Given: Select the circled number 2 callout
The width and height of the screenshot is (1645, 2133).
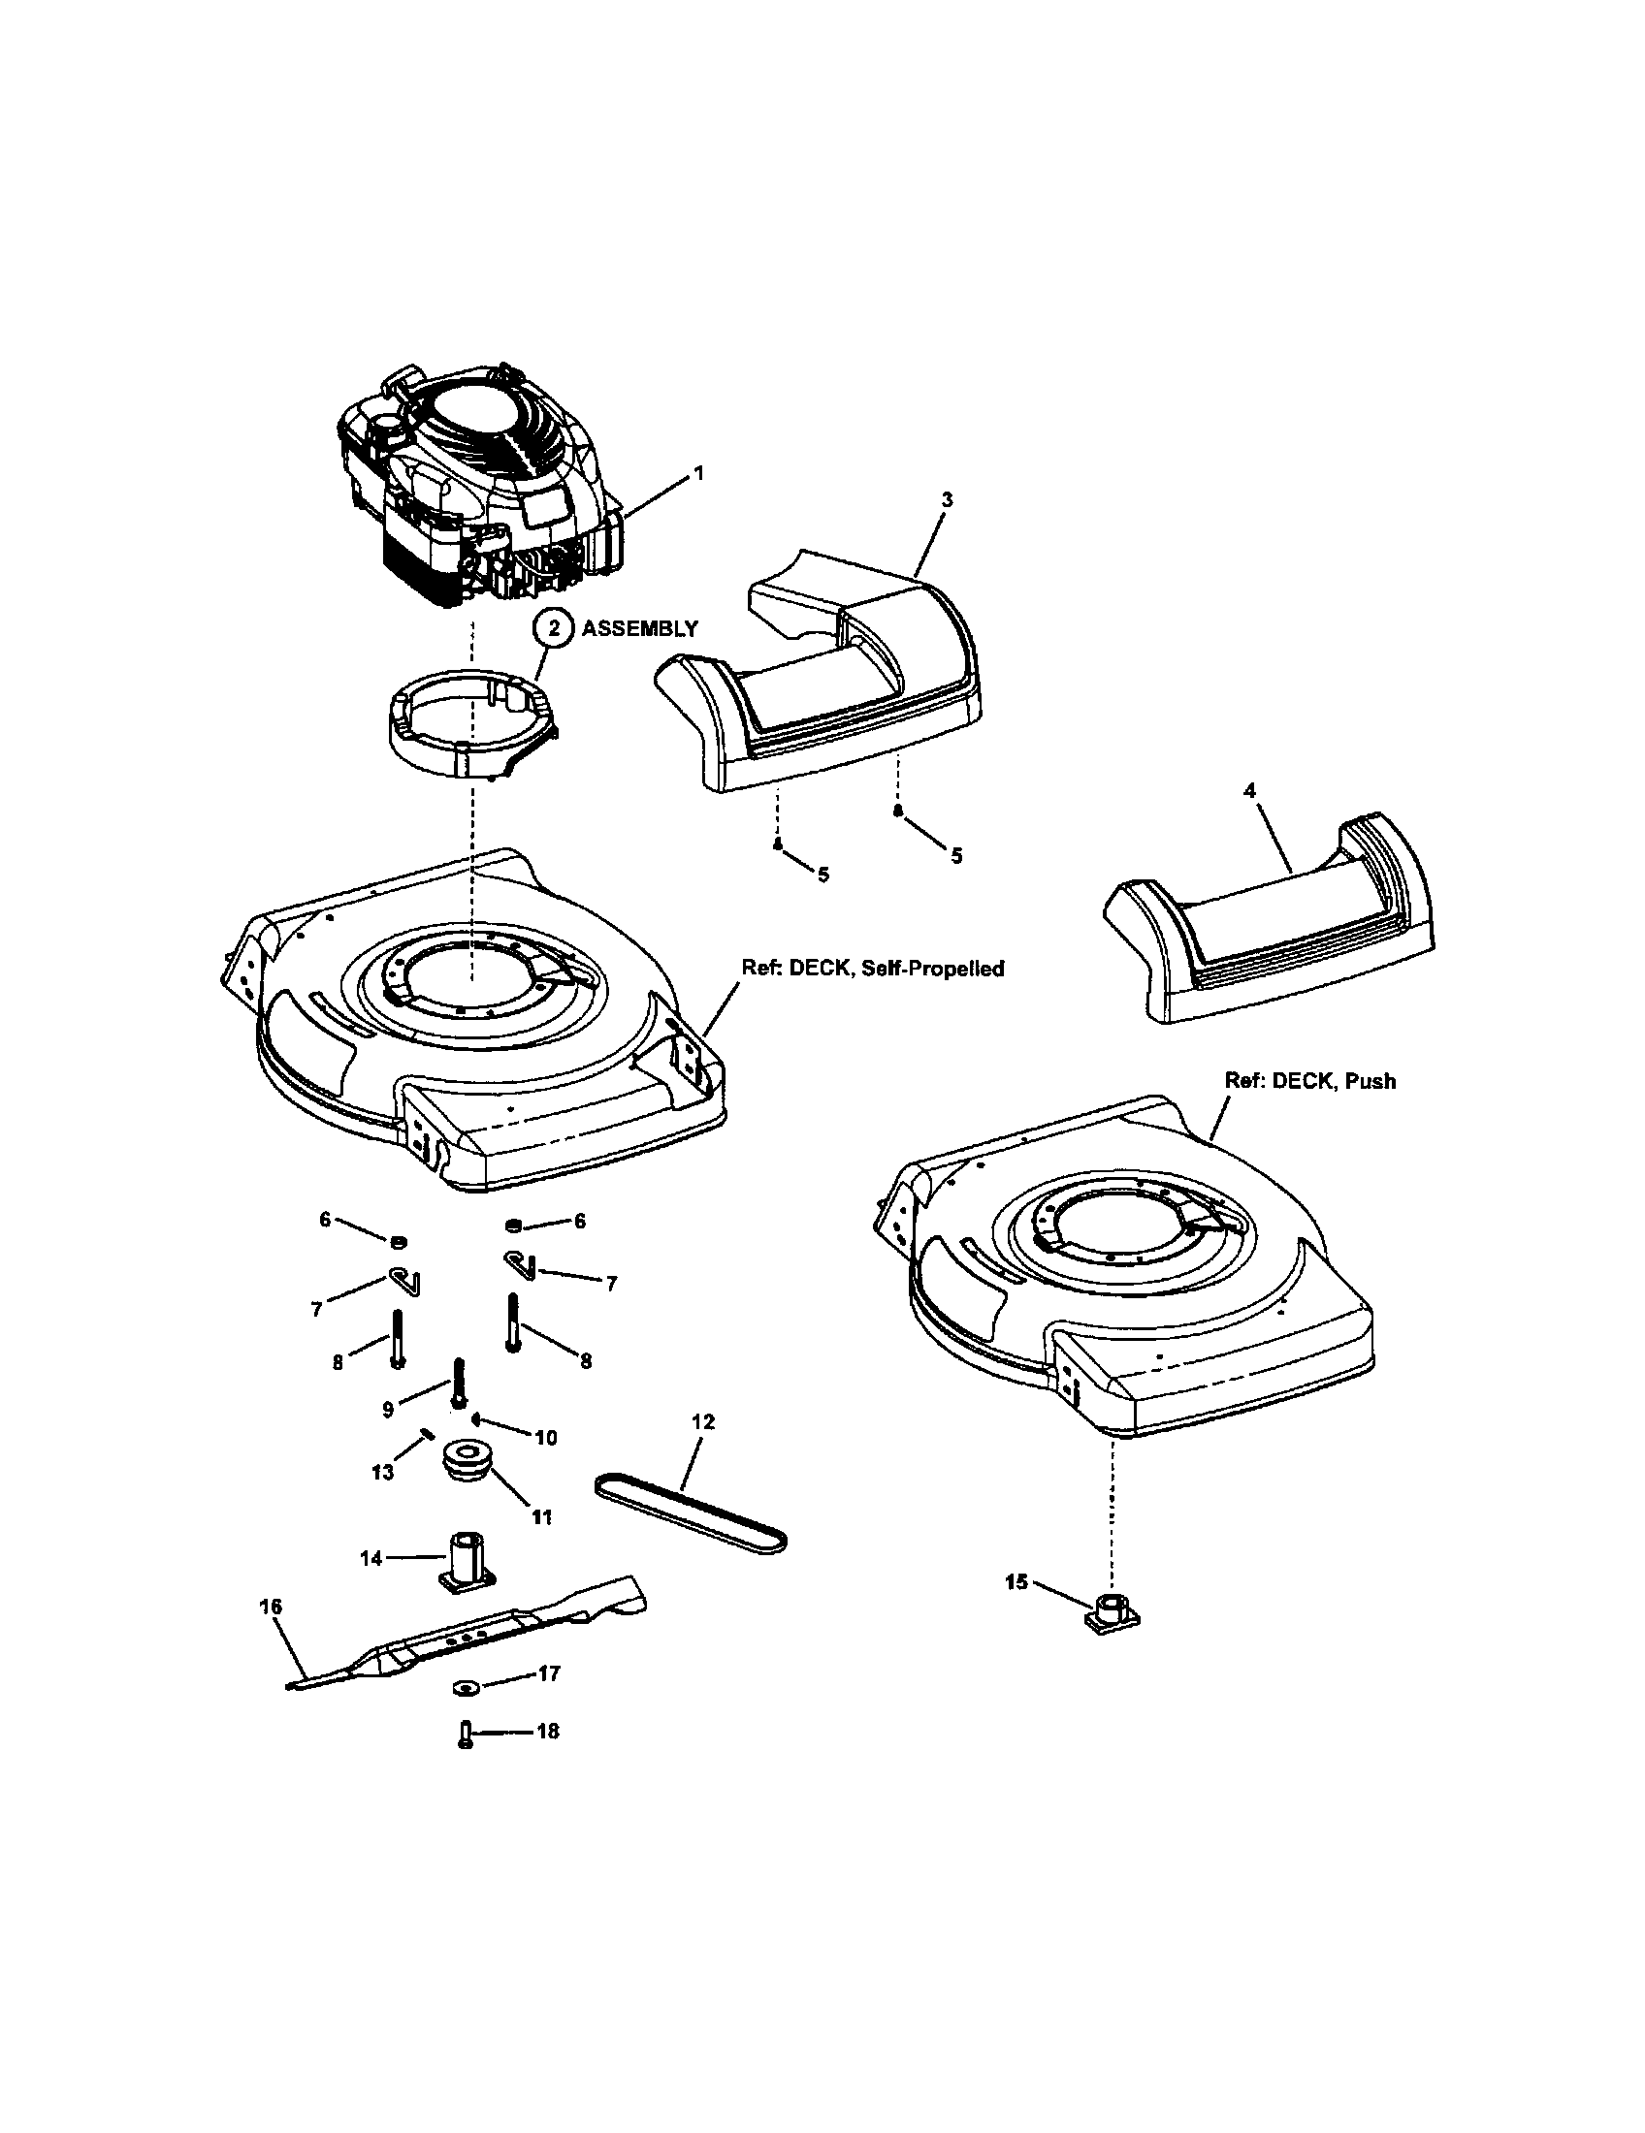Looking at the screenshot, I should (553, 628).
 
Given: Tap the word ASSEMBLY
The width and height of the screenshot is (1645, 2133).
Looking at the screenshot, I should (640, 628).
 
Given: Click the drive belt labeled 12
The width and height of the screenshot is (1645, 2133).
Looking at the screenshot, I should (690, 1511).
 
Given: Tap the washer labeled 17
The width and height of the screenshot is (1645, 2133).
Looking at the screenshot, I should (464, 1687).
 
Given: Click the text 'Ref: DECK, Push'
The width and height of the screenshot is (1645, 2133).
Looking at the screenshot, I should (1310, 1081).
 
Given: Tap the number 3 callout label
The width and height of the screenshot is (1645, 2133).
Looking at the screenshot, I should (946, 499).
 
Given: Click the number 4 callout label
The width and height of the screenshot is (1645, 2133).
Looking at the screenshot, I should (1250, 790).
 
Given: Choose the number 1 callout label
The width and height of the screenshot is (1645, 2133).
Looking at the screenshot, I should (697, 473).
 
